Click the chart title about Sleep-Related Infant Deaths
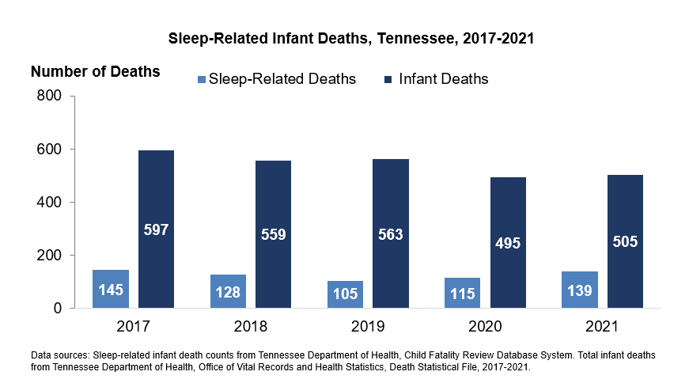click(x=352, y=38)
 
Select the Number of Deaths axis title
click(x=95, y=72)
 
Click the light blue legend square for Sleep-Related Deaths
click(x=201, y=79)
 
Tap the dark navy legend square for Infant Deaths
click(x=390, y=79)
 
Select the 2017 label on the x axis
click(x=133, y=326)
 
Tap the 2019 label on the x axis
click(x=368, y=326)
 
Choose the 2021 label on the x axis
click(x=603, y=326)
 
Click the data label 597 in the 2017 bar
click(x=156, y=230)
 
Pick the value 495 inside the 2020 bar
click(x=508, y=243)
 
